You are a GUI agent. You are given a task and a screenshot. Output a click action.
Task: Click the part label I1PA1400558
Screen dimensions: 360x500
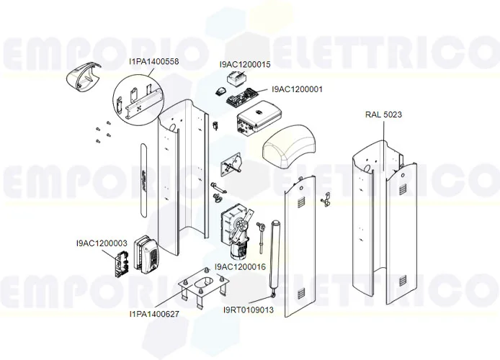tap(154, 62)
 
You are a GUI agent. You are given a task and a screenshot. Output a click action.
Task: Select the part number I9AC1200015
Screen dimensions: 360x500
tap(245, 64)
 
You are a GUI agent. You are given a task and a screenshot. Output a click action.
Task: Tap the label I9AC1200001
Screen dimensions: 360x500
tap(297, 90)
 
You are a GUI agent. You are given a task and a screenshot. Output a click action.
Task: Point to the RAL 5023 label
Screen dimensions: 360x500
tap(383, 114)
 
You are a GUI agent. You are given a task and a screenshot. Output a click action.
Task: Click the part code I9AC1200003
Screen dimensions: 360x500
tap(101, 243)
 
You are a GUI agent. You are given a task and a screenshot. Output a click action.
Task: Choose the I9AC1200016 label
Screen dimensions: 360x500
tap(240, 266)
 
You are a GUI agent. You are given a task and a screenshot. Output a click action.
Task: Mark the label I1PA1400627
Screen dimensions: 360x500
tap(154, 314)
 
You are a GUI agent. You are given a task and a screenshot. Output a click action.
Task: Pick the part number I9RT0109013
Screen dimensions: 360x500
tap(249, 310)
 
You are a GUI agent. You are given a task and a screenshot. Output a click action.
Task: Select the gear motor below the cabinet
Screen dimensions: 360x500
tap(235, 229)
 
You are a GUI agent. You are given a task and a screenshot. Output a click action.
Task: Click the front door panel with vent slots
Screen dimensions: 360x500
tap(299, 245)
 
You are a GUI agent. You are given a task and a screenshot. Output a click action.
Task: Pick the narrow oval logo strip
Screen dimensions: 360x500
tap(143, 176)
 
